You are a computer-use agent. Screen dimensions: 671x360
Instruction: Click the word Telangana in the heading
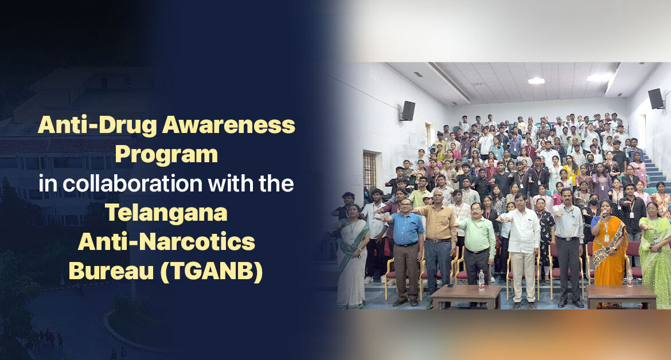click(x=166, y=213)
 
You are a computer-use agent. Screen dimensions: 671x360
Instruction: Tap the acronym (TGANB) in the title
click(x=212, y=271)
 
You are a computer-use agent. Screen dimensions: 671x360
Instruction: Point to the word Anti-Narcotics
click(x=166, y=241)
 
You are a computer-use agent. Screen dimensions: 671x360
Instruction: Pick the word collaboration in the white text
click(x=132, y=183)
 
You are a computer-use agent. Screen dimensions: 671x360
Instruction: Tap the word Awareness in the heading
click(x=228, y=126)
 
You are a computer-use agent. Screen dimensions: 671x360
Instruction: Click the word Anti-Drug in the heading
click(x=97, y=126)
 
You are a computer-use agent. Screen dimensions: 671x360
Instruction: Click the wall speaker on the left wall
click(x=407, y=111)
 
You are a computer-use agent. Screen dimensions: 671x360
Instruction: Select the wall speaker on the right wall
click(x=656, y=99)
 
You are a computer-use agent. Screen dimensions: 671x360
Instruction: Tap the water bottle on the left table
click(x=481, y=280)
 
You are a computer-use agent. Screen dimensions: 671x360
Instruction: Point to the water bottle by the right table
click(x=629, y=279)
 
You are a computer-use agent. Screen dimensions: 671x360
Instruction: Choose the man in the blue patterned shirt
click(x=405, y=252)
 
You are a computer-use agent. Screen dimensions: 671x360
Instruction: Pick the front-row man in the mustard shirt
click(x=439, y=248)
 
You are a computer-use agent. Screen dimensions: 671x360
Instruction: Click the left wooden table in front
click(x=466, y=296)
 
